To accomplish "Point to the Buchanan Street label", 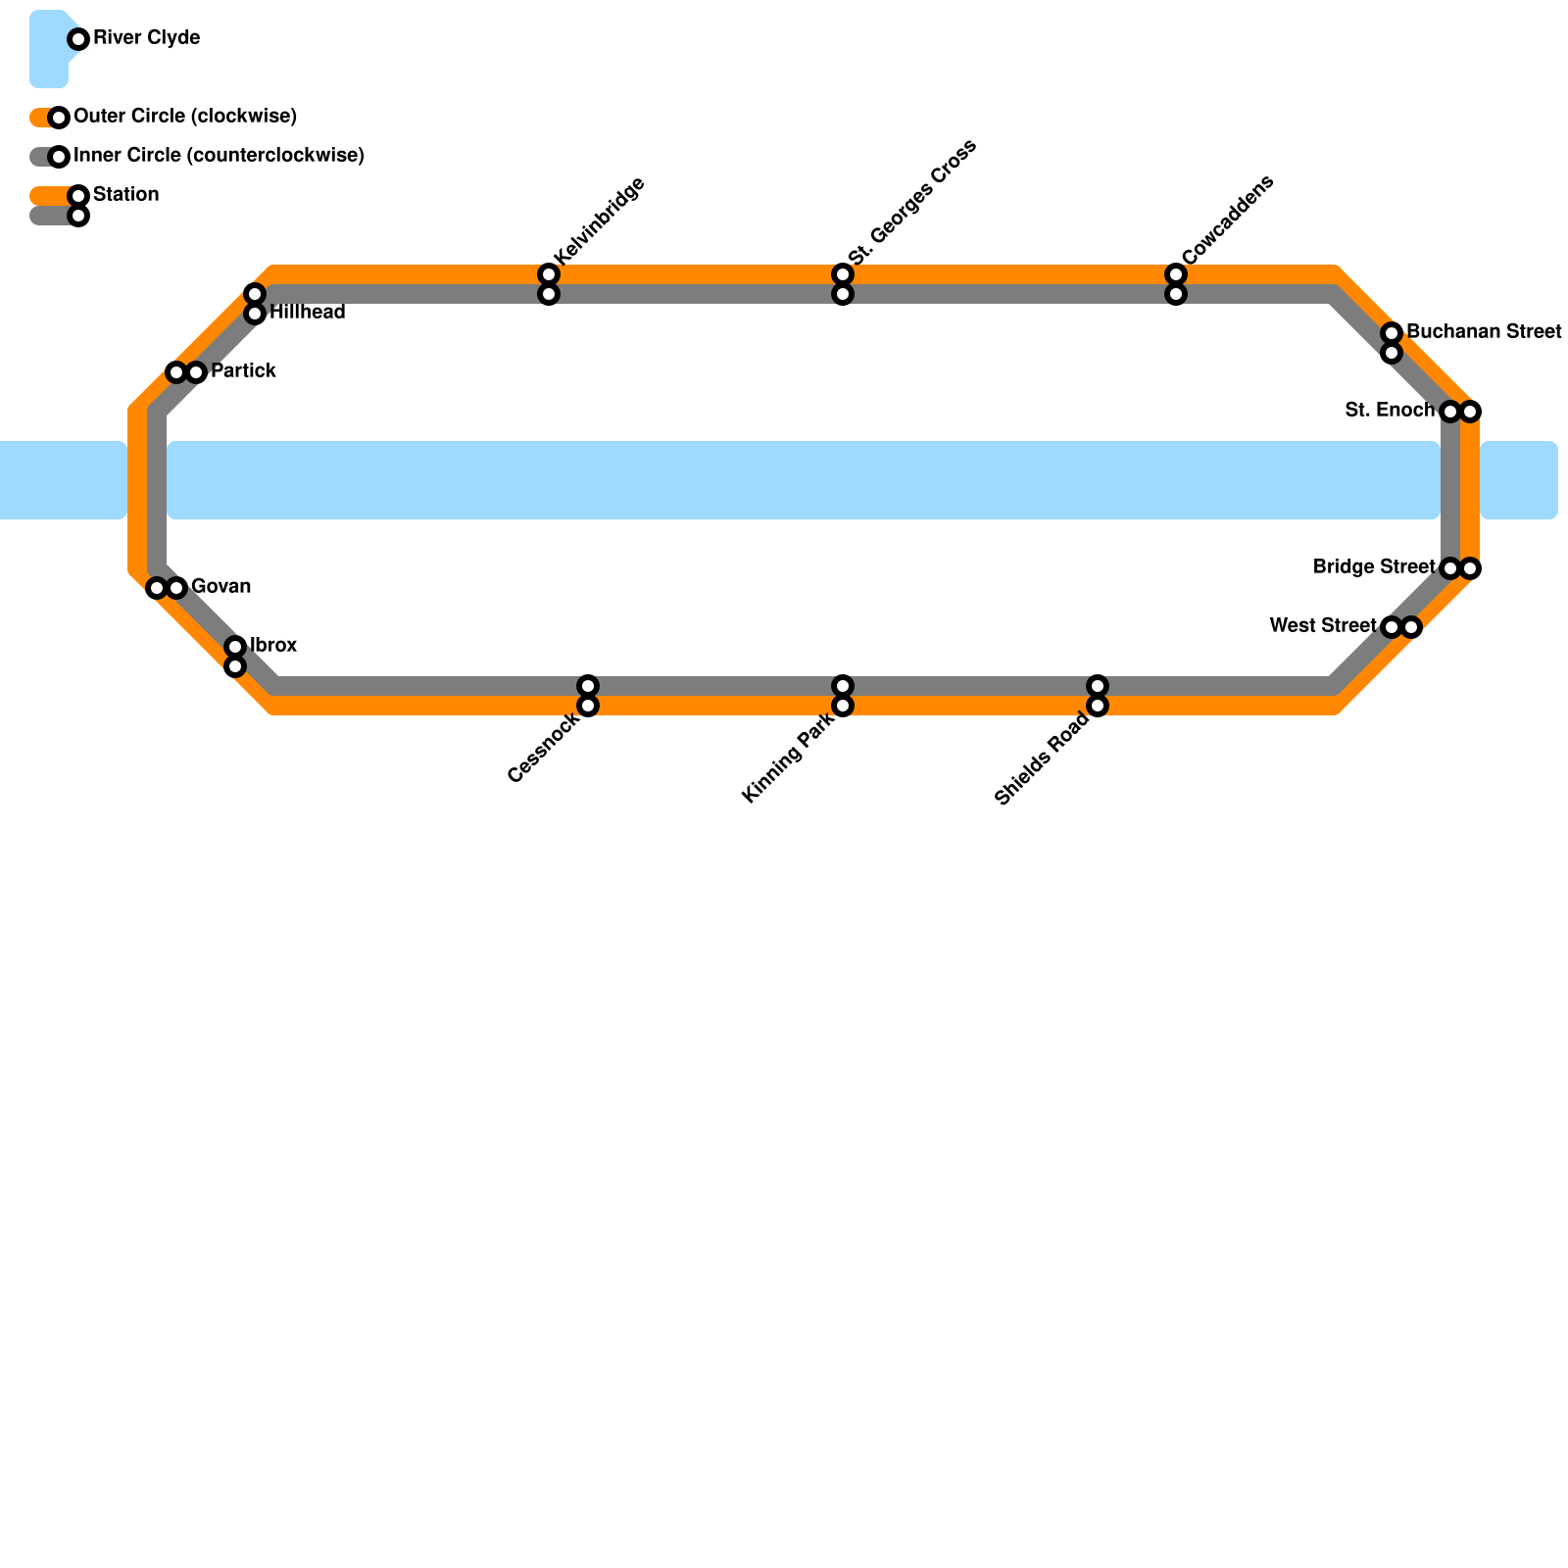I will coord(1483,332).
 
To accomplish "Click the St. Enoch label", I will coord(1389,411).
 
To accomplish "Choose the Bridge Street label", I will coord(1373,567).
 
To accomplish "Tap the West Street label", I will coord(1322,626).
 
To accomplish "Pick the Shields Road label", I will coord(1042,759).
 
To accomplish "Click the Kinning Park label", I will coord(789,758).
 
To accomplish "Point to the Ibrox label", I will coord(273,646).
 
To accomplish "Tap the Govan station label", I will coord(220,587).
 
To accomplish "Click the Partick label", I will coord(243,371).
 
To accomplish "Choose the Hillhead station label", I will coord(307,313).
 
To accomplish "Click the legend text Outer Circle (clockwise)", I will coord(185,117).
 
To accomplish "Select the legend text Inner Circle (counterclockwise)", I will coord(219,156).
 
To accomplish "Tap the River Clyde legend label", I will coord(146,38).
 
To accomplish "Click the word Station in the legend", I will coord(125,195).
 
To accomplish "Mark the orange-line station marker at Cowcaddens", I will coord(1176,274).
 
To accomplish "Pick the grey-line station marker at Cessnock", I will coord(588,686).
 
